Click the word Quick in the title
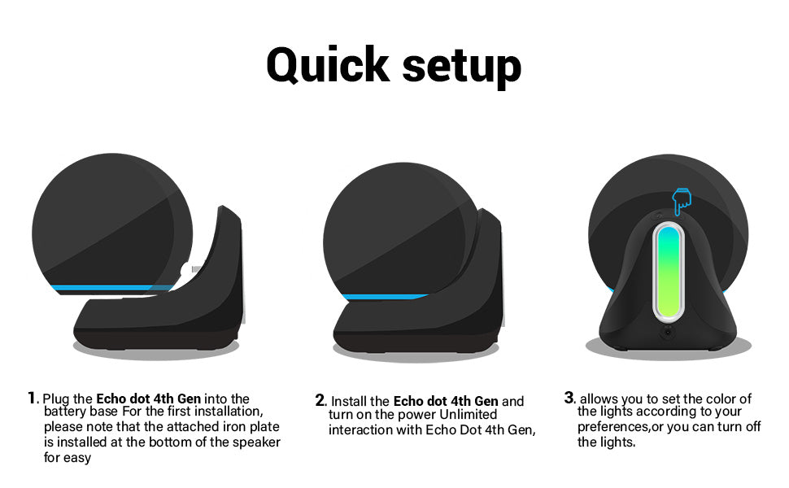(x=328, y=65)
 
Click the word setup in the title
(x=462, y=67)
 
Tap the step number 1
(x=33, y=398)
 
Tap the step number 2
(x=320, y=400)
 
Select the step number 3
(x=569, y=398)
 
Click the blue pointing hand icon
(x=682, y=201)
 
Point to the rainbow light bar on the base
(x=669, y=272)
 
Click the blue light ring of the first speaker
(x=113, y=288)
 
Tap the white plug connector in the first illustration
(x=187, y=270)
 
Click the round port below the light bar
(x=669, y=332)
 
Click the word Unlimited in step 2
(x=468, y=415)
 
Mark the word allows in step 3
(x=599, y=399)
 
